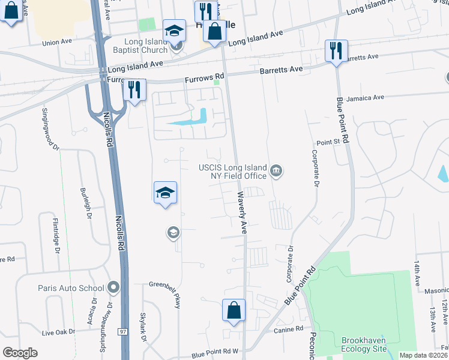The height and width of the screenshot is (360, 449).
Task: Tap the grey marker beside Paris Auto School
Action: coord(112,288)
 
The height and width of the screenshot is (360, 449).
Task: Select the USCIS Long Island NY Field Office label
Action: coord(234,172)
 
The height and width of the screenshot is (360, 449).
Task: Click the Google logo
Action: coord(20,352)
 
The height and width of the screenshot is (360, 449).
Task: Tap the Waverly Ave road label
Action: coord(242,212)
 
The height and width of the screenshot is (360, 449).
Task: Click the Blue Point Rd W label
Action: coord(215,354)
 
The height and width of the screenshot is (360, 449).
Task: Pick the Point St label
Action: coord(328,142)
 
